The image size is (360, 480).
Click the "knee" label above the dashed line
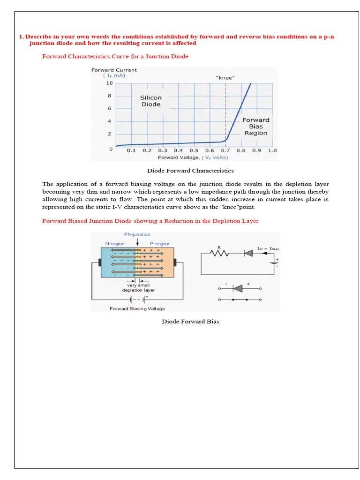225,77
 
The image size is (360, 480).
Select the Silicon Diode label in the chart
150,101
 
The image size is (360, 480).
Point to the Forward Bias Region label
255,127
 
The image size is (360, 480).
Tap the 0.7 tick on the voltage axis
225,150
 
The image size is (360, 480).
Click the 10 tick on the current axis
109,83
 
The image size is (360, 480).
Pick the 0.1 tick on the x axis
131,150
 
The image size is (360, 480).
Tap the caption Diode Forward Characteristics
190,171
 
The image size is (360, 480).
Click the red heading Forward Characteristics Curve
115,56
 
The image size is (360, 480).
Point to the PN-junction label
137,234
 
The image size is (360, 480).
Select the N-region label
115,244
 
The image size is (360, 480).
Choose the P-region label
159,244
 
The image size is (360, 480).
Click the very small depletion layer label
138,287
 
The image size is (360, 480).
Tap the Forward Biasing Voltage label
137,308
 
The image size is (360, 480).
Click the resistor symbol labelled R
219,253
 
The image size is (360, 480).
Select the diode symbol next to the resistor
248,253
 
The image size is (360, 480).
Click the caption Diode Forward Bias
190,322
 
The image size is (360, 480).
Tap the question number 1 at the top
21,37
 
